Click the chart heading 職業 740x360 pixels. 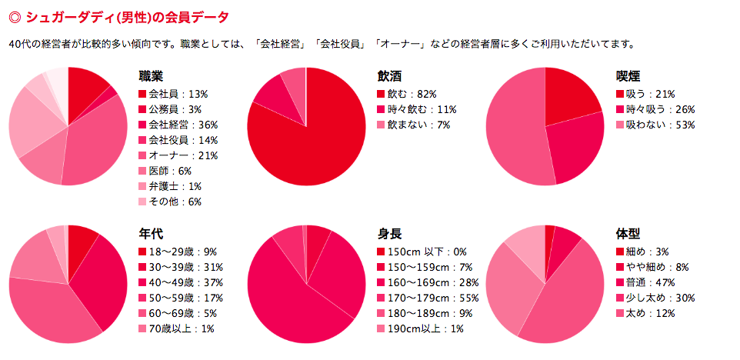click(151, 76)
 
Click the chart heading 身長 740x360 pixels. click(389, 234)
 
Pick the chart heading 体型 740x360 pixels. click(628, 234)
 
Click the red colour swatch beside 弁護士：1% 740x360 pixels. click(142, 187)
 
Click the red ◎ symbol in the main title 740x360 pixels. click(13, 16)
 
